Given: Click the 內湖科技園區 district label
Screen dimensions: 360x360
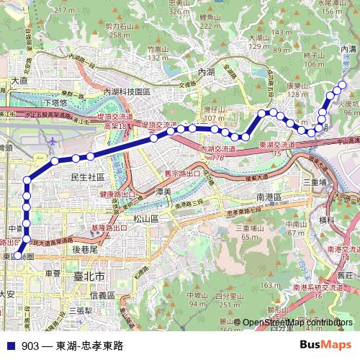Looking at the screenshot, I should coord(127,92).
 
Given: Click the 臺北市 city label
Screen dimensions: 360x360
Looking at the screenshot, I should coord(90,276).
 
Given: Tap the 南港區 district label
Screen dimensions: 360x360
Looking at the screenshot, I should coord(271,195).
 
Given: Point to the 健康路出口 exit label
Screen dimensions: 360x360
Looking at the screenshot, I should coord(117,194).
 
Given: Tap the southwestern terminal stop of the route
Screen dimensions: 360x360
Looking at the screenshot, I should coord(19,254).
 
